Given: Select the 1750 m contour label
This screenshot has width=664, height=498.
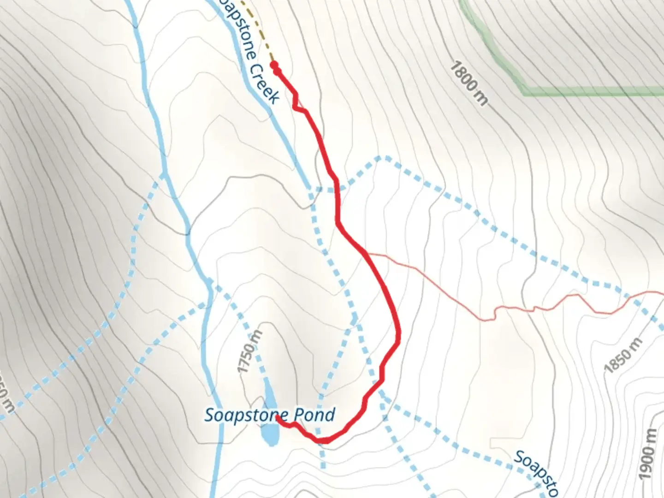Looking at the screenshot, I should click(x=249, y=351).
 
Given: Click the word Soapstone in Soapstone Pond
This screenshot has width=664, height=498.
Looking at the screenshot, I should click(x=243, y=415).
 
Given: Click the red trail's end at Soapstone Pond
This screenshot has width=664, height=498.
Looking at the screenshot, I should click(x=278, y=418).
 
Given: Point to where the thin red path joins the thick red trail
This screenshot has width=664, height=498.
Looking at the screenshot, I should click(x=366, y=253).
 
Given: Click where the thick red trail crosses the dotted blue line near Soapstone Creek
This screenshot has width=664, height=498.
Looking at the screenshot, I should click(x=337, y=190).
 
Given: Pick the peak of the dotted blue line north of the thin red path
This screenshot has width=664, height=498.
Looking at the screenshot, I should click(x=382, y=158).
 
